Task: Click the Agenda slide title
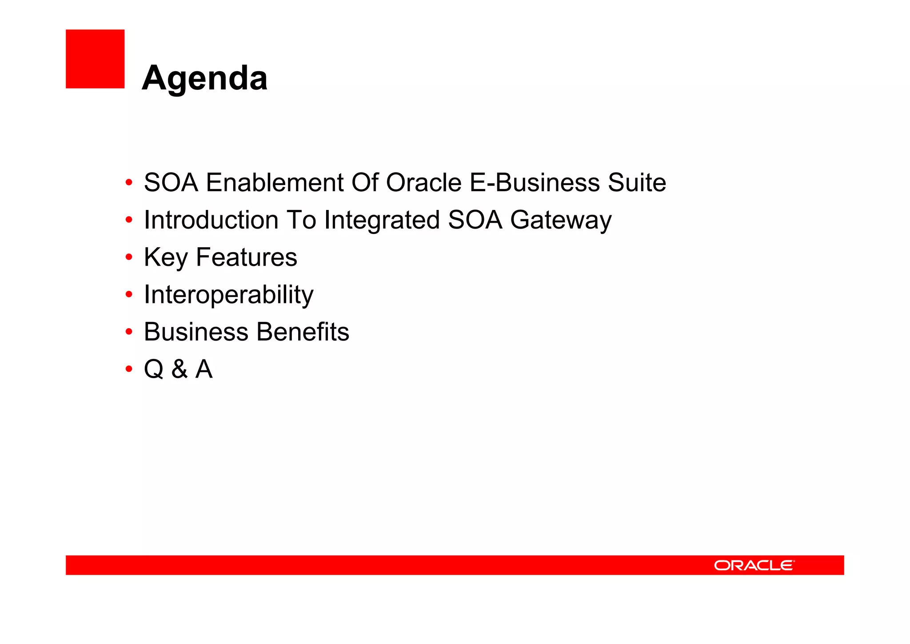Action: [205, 78]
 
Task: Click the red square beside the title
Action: [95, 59]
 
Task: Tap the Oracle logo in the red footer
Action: [754, 565]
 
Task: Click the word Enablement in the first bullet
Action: [275, 183]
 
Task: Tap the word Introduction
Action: [211, 220]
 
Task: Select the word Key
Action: [166, 258]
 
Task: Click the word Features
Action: [247, 258]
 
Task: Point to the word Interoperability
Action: [228, 295]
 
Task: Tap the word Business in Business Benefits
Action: [196, 332]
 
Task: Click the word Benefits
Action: [303, 332]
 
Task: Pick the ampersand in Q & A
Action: [180, 370]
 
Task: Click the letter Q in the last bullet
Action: [154, 370]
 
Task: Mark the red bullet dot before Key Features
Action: [129, 257]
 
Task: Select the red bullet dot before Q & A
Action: [129, 369]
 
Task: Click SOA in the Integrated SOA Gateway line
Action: [475, 220]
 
